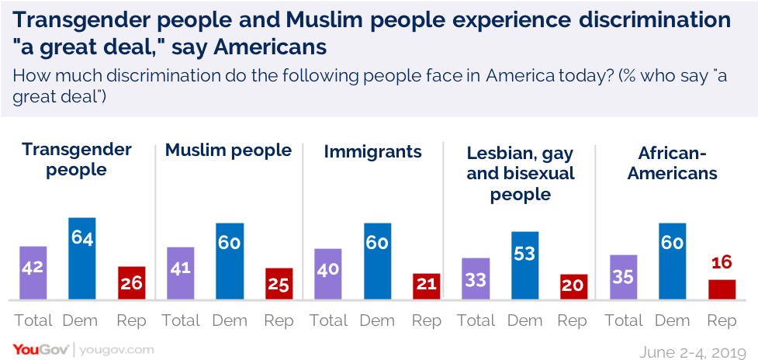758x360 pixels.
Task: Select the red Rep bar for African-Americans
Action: (722, 289)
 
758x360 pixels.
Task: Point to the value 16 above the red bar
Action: (722, 264)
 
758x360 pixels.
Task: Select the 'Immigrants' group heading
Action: (372, 152)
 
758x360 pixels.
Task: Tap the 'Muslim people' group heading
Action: (228, 151)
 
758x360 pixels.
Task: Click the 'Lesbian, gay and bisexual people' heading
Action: (520, 173)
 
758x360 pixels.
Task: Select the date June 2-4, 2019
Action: (693, 351)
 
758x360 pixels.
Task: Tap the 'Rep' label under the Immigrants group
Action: (427, 320)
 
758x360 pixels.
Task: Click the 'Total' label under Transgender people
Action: (33, 320)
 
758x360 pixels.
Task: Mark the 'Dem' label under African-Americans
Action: (672, 320)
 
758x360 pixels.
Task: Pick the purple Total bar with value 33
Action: (476, 279)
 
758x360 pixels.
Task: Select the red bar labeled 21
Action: (427, 286)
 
